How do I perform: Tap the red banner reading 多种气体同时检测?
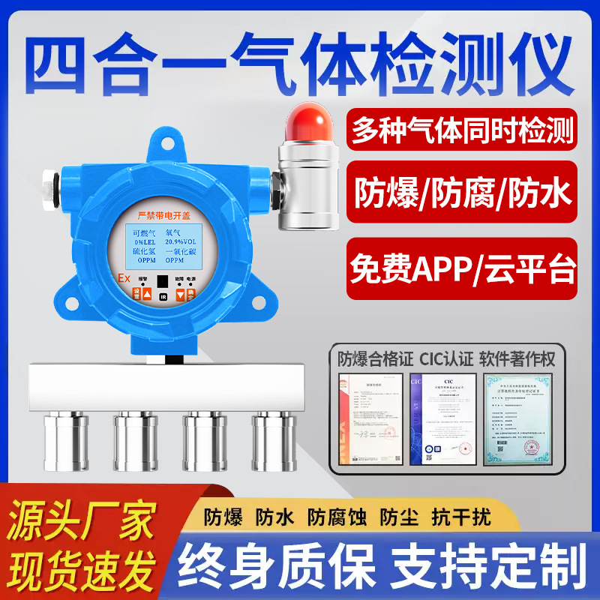460,131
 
